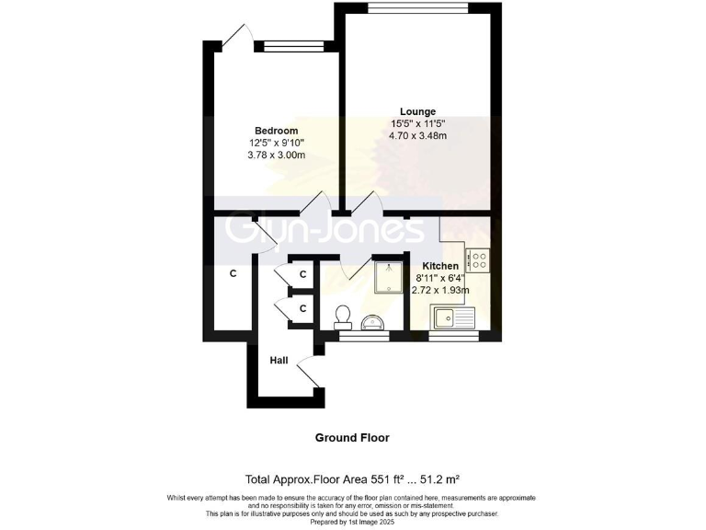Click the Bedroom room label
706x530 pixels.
tap(276, 130)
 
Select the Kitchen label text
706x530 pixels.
tap(440, 265)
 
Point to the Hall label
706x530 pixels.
tap(279, 361)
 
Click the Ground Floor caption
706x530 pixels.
tap(352, 438)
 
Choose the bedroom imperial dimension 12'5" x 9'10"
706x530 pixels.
tap(276, 143)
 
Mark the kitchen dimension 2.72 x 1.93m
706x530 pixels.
tap(440, 290)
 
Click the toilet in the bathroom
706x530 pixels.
tap(343, 316)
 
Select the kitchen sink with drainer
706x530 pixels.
tap(451, 318)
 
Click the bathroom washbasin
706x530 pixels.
tap(373, 321)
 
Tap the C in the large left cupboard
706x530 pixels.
tap(233, 273)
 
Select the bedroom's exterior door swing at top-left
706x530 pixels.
tap(233, 38)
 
